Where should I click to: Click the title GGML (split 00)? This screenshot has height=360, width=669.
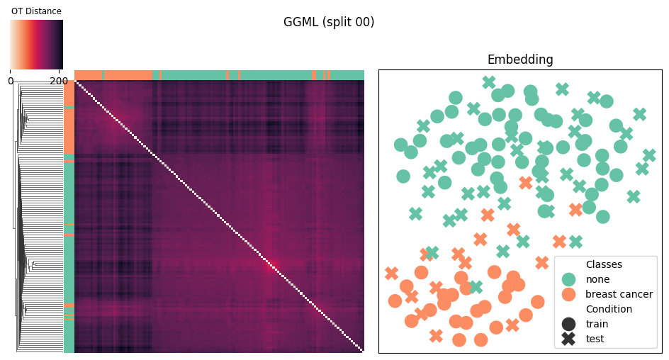329,22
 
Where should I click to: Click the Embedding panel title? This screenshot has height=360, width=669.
520,60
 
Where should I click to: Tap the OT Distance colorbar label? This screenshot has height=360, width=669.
36,11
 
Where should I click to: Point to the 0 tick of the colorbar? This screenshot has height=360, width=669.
11,81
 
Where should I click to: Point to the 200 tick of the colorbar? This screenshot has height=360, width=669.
58,81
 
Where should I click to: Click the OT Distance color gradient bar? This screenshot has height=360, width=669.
37,45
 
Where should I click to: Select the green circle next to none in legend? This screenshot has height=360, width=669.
568,279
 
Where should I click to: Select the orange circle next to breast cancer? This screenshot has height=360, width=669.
568,294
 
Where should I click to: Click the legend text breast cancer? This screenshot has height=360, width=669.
619,294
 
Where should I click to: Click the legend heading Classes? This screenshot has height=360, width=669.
604,264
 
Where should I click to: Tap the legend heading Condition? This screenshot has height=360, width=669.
609,309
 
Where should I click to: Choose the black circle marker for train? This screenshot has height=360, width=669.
568,324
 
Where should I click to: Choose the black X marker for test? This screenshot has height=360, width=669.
568,339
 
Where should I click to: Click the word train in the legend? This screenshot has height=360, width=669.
597,324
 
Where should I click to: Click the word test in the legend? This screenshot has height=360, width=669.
595,339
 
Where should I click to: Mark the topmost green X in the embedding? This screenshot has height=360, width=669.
489,82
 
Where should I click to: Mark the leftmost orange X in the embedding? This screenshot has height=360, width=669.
391,274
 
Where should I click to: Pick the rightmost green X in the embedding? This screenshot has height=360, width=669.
649,156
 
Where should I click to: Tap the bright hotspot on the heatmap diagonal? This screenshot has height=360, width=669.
270,265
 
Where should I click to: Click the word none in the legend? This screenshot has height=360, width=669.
597,279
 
